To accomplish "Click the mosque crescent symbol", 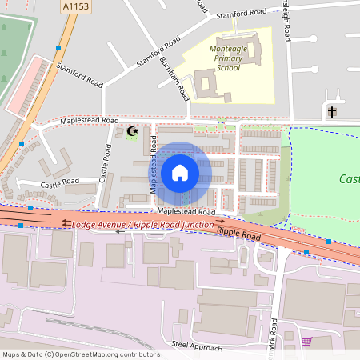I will [133, 130].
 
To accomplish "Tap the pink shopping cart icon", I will [306, 342].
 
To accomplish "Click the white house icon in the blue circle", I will [180, 173].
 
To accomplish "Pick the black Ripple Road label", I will [239, 231].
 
